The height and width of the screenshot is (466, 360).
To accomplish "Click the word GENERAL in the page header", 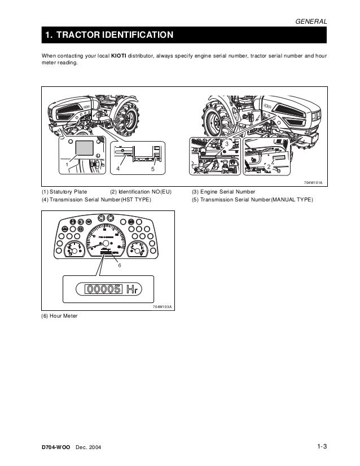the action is [311, 21].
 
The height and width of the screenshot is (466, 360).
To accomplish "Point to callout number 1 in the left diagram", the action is [67, 164].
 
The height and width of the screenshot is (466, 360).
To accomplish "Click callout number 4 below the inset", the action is [118, 169].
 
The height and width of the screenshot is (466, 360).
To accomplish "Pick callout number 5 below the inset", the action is [153, 169].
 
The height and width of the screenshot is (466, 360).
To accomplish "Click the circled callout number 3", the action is [227, 146].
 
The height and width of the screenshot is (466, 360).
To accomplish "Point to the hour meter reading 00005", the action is [103, 289].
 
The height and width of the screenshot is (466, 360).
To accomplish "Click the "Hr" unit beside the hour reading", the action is [131, 290].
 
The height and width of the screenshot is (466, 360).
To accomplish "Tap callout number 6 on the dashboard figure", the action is [119, 264].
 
